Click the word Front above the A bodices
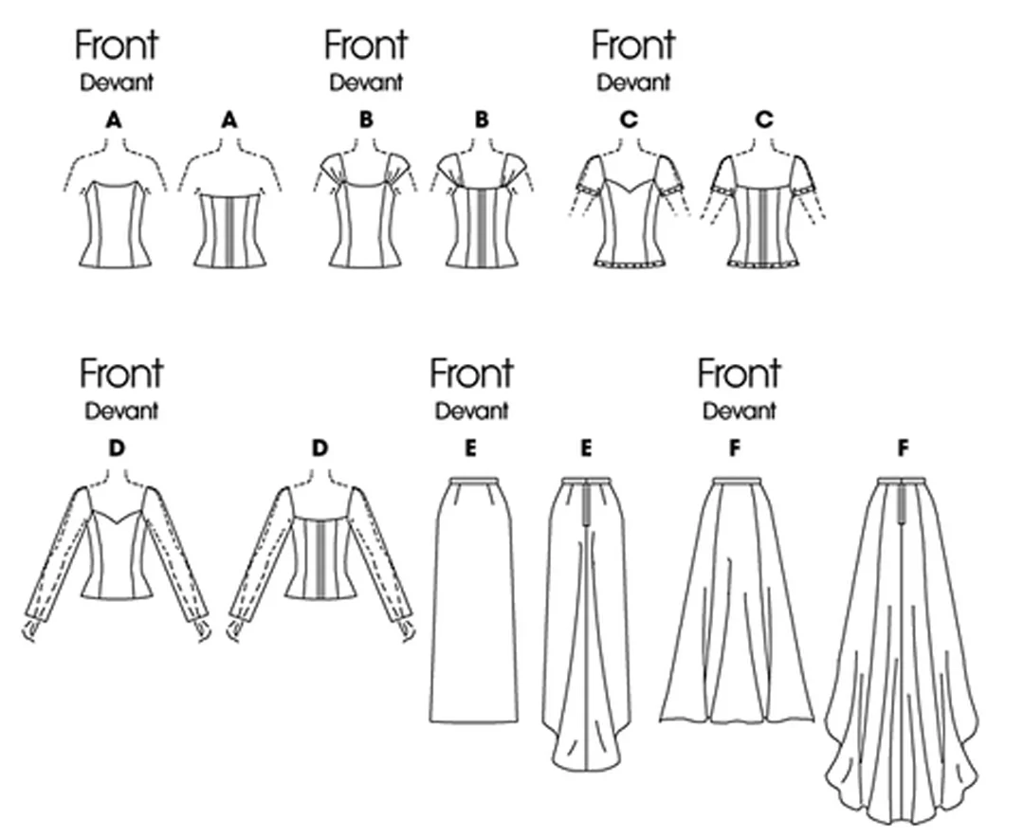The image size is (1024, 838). (x=117, y=46)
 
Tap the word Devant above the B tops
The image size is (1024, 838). (x=366, y=83)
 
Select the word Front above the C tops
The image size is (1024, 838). (x=632, y=46)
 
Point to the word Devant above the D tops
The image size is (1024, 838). (x=121, y=411)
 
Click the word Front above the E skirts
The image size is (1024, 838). (x=471, y=373)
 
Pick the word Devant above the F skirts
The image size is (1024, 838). (x=740, y=411)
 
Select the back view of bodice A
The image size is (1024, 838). (x=229, y=229)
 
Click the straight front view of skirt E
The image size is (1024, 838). (x=473, y=600)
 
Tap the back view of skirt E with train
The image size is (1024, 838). (x=587, y=624)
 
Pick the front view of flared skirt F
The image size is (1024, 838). (x=737, y=600)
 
